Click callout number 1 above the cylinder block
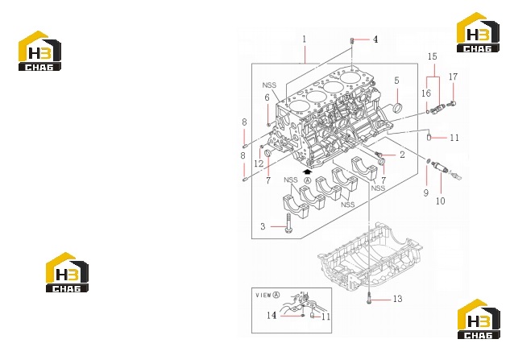point(305,39)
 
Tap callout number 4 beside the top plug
point(375,39)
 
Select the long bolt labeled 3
point(288,223)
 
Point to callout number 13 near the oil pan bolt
point(397,299)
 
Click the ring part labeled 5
point(398,108)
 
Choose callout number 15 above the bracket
point(433,56)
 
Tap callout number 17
point(453,77)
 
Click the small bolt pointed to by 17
point(452,104)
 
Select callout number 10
point(440,201)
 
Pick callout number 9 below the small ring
point(425,192)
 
